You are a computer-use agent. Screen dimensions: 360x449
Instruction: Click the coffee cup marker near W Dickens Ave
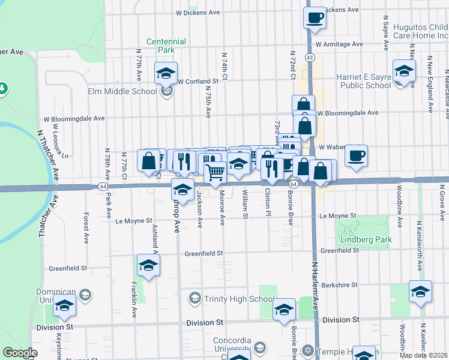click(x=315, y=17)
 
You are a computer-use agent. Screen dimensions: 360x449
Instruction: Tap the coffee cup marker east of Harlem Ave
click(x=356, y=156)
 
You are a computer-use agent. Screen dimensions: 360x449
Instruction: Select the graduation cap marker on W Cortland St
click(x=166, y=73)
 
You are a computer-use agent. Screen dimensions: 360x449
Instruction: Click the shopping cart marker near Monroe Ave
click(x=215, y=172)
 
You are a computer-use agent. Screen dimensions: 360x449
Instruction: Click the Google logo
click(x=20, y=353)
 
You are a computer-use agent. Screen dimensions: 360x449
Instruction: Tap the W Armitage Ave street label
click(x=339, y=44)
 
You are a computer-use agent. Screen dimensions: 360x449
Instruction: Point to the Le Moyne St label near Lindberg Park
click(x=338, y=215)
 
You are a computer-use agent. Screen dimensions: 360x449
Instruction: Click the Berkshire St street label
click(x=339, y=285)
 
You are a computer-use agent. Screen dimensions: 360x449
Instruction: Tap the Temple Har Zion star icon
click(x=308, y=350)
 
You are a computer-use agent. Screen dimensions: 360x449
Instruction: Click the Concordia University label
click(x=231, y=345)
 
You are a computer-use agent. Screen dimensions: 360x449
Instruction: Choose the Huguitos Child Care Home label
click(x=420, y=32)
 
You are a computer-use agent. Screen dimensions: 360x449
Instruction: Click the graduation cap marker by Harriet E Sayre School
click(x=404, y=71)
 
